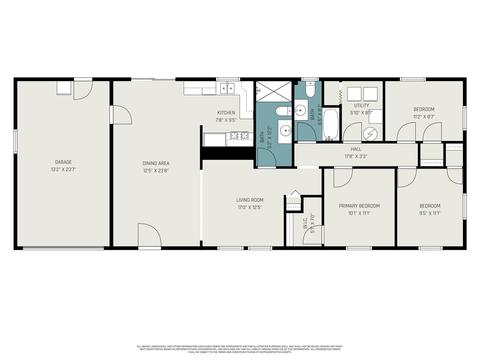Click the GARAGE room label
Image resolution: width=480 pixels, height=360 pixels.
(x=63, y=162)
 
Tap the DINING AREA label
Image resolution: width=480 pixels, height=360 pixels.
(x=156, y=163)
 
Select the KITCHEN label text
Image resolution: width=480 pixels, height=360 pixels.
(x=226, y=112)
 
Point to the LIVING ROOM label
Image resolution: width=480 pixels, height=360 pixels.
(x=250, y=200)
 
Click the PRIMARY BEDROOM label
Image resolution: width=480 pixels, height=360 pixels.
(x=359, y=206)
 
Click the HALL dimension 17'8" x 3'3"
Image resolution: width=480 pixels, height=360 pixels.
(x=356, y=156)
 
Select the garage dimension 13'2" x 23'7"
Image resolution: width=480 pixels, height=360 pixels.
(x=63, y=169)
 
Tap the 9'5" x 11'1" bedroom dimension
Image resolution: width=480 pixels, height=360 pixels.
(x=430, y=213)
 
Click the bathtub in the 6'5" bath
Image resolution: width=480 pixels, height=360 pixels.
(x=331, y=124)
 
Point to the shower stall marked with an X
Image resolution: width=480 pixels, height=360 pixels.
(x=274, y=91)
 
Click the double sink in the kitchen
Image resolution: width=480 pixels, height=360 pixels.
(x=227, y=88)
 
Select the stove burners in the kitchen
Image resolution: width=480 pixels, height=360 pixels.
(x=239, y=135)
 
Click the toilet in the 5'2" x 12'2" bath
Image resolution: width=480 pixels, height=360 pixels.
(x=282, y=111)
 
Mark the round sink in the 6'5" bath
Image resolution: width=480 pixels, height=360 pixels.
(x=300, y=110)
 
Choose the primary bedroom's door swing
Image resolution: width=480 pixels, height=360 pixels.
(x=343, y=177)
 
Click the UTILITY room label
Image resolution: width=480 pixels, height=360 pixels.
(x=361, y=105)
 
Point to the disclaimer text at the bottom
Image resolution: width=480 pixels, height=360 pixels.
(x=240, y=349)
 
